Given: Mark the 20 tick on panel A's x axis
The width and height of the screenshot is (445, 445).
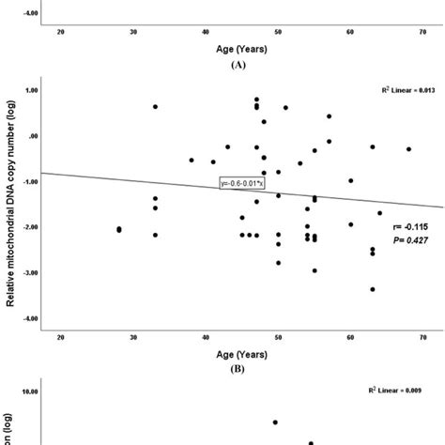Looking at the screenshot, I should tap(61, 33).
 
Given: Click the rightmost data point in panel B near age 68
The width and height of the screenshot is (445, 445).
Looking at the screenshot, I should tap(408, 148).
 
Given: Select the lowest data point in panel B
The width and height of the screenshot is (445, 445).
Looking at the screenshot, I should tap(373, 289).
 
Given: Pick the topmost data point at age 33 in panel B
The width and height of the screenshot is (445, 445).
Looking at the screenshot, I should tap(156, 106).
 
